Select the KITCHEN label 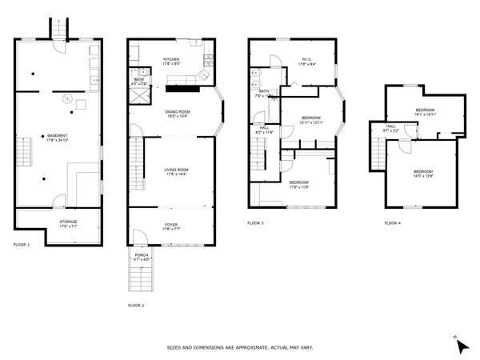172,61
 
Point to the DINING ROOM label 178,114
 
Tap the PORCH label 141,257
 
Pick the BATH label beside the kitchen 139,81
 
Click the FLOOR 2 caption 136,306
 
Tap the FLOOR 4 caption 392,223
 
